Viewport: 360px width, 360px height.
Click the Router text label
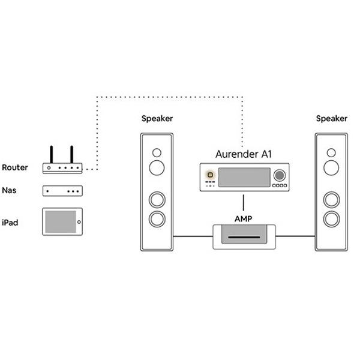tap(15, 167)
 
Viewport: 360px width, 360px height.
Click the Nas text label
tap(10, 191)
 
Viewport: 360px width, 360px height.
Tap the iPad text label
tap(10, 223)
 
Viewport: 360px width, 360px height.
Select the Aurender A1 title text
tap(244, 154)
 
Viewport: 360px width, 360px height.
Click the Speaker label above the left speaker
tap(157, 118)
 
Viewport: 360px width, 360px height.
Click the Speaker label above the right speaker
tap(331, 118)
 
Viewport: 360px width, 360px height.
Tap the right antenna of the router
tap(71, 155)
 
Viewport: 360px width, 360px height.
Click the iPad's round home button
tap(79, 222)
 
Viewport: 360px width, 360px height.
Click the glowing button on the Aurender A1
tap(211, 175)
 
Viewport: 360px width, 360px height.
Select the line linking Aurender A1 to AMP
tap(244, 200)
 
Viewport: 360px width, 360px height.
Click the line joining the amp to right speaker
tap(296, 236)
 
